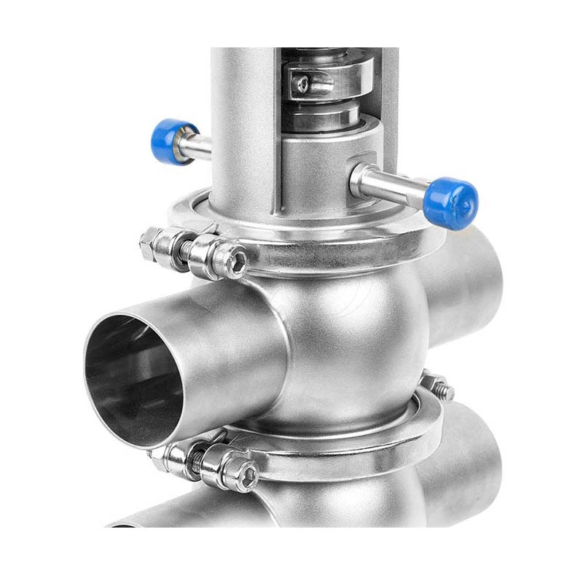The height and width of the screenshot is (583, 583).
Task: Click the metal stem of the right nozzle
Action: tap(394, 185)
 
